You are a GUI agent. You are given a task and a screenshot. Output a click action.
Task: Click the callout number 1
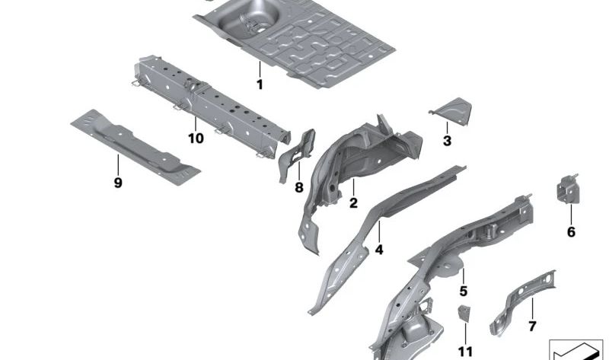pyautogui.click(x=259, y=85)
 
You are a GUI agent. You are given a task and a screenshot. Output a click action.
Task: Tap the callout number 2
pyautogui.click(x=353, y=203)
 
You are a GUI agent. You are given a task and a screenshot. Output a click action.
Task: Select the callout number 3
pyautogui.click(x=447, y=141)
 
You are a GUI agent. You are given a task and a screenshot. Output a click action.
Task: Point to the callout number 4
pyautogui.click(x=378, y=249)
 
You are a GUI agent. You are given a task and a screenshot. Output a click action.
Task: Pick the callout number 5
pyautogui.click(x=463, y=291)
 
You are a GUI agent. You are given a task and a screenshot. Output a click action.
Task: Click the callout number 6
pyautogui.click(x=571, y=232)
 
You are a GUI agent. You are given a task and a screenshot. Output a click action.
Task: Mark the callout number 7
pyautogui.click(x=531, y=327)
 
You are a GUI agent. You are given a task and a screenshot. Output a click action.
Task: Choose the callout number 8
pyautogui.click(x=298, y=186)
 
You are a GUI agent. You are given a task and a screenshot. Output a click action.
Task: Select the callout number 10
pyautogui.click(x=196, y=139)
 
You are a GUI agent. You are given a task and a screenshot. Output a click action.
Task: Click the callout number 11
pyautogui.click(x=465, y=351)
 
